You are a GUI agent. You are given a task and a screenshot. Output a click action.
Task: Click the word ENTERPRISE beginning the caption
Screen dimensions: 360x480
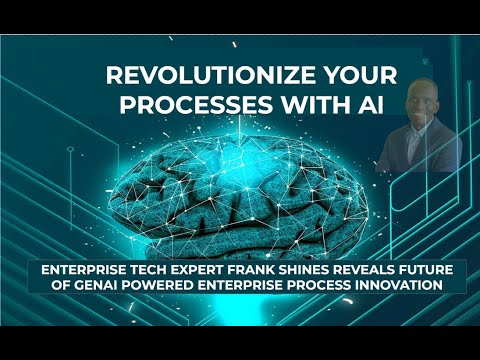[82, 270]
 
